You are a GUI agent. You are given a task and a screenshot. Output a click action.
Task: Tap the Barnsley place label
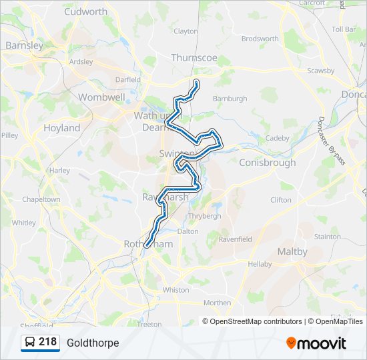point(24,45)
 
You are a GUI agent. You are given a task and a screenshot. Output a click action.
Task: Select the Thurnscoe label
point(194,57)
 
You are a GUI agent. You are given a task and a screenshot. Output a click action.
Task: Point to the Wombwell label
point(101,97)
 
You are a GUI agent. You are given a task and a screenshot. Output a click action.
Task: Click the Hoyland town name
point(61,127)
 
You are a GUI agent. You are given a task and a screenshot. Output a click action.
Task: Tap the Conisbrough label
point(267,162)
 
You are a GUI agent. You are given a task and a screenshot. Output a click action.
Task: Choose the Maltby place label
point(292,251)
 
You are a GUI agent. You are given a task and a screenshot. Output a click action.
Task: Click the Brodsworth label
point(260,39)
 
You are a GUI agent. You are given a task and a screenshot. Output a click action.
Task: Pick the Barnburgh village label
point(230,99)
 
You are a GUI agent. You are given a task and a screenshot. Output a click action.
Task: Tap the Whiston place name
point(176,290)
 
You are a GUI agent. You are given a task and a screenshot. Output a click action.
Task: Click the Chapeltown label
point(41,199)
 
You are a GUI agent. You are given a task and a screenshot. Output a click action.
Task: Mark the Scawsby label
point(320,70)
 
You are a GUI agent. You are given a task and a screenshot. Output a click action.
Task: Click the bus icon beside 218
point(30,343)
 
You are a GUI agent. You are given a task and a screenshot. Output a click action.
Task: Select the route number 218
point(47,342)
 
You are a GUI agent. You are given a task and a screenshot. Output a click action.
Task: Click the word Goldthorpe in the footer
point(93,343)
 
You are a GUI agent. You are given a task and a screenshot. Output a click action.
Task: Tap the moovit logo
point(316,343)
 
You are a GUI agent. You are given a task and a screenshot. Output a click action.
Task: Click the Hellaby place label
point(260,264)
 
